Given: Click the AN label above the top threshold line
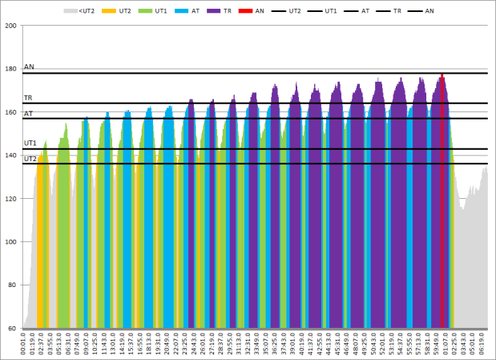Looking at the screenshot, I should pos(29,67).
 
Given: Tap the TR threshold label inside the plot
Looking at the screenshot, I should pos(28,98).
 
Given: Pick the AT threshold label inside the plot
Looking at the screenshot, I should pos(28,114).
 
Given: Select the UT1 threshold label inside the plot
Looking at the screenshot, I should pos(30,143).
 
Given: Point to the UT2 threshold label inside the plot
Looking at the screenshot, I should pos(30,159).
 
